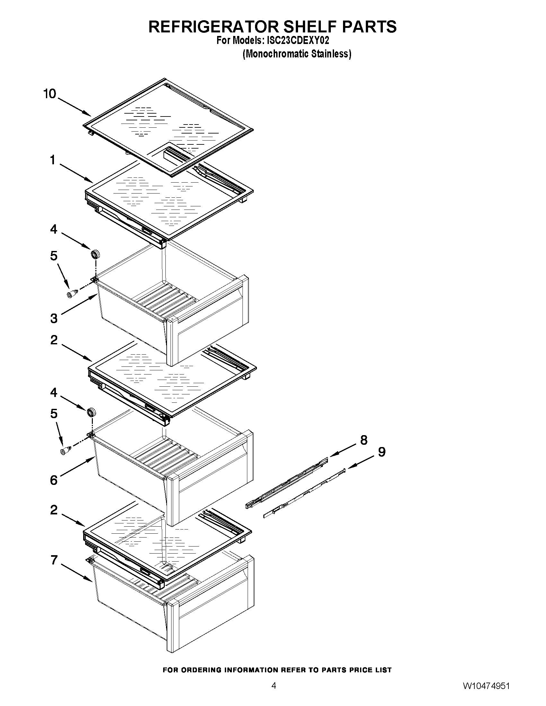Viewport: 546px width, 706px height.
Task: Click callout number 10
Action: [x=50, y=94]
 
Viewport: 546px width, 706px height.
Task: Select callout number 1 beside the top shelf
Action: [x=53, y=160]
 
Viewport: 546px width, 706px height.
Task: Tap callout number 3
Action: [x=54, y=318]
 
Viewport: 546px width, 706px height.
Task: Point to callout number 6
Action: [x=54, y=480]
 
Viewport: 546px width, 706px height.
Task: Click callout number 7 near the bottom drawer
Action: [x=54, y=560]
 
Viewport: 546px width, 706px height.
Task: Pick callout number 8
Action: [x=364, y=440]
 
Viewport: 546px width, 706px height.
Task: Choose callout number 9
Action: [x=382, y=452]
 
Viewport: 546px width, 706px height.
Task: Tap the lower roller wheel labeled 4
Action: [x=92, y=412]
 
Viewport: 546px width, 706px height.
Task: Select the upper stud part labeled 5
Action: [x=72, y=294]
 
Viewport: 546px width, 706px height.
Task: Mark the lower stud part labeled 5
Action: [x=65, y=450]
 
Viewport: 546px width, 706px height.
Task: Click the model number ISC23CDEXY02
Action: [x=297, y=41]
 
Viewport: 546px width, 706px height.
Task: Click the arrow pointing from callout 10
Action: [x=75, y=107]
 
